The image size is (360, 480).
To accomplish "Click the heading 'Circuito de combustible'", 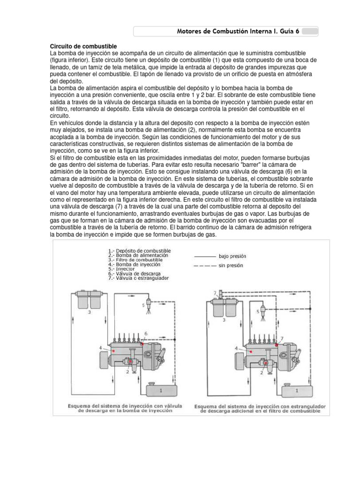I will pos(83,46).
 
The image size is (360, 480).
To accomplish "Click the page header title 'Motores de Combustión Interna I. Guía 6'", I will pos(238,31).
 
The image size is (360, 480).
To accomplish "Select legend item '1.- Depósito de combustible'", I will pos(139,251).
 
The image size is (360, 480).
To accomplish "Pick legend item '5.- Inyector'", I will pos(121,269).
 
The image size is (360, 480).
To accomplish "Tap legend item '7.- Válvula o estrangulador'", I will pos(138,278).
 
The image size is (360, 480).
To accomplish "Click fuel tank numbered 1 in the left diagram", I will pos(161,390).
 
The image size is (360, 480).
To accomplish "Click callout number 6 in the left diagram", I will pos(146,333).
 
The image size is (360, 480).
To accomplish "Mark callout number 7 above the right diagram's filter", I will pos(215,293).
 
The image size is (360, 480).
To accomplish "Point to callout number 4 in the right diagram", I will pos(236,348).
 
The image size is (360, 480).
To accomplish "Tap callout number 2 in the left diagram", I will pos(127,371).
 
